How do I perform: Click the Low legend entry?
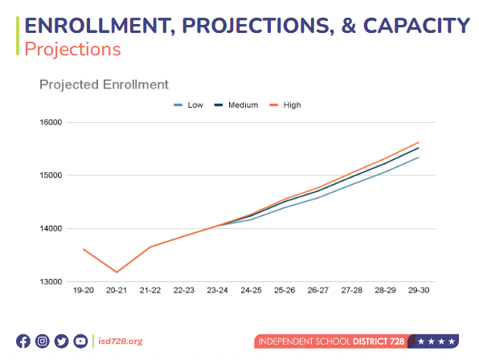189,105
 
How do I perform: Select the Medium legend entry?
236,105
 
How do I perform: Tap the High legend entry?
285,105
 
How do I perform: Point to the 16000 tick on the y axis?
51,122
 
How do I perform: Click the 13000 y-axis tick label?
51,281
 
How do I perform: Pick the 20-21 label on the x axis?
117,290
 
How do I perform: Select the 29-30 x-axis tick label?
419,290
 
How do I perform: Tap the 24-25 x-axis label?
251,290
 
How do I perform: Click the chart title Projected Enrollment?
104,84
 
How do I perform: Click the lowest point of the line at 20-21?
117,272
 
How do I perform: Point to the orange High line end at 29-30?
419,142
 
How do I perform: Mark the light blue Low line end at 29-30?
419,157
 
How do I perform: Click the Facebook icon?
23,341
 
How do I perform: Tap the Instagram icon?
43,341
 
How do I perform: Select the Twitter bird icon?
61,341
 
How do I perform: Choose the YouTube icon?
80,341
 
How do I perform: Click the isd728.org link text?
121,341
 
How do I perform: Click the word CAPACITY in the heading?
416,26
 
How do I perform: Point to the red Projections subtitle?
72,49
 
